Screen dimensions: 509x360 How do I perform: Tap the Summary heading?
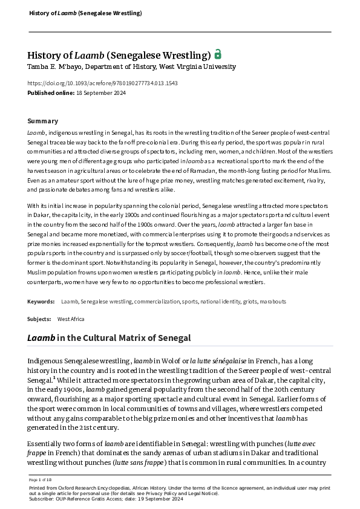[43, 121]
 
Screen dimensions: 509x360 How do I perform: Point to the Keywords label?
[41, 301]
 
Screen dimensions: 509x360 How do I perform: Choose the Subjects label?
[39, 319]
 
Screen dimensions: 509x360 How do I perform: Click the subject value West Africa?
[71, 319]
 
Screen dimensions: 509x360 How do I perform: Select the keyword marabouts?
[273, 301]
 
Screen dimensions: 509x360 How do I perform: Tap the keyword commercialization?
[157, 301]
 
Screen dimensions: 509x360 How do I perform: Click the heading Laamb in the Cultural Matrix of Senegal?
[109, 338]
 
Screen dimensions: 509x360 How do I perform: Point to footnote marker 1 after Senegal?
[54, 378]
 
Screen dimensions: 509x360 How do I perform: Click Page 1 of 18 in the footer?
[39, 479]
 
